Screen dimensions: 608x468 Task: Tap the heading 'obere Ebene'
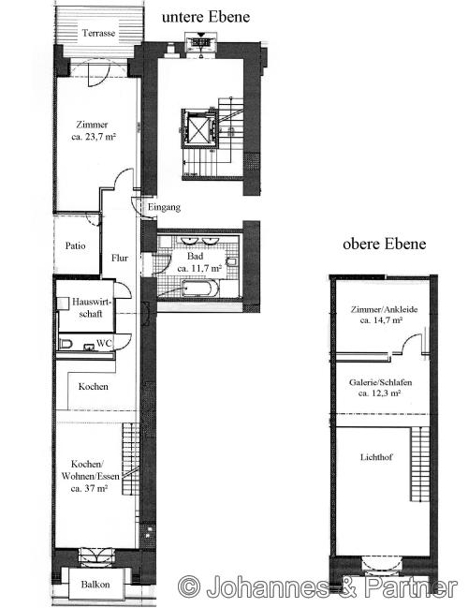click(385, 244)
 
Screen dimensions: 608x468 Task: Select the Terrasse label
click(99, 33)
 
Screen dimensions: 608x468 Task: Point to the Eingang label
click(163, 207)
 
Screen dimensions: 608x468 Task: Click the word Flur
click(120, 258)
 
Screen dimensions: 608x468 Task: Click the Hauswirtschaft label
click(84, 308)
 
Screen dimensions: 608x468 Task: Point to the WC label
click(105, 344)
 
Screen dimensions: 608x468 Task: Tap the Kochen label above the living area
click(94, 387)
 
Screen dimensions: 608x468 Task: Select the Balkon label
click(95, 585)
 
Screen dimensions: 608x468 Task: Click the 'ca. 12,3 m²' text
click(381, 393)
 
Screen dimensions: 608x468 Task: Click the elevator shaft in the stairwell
click(200, 128)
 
